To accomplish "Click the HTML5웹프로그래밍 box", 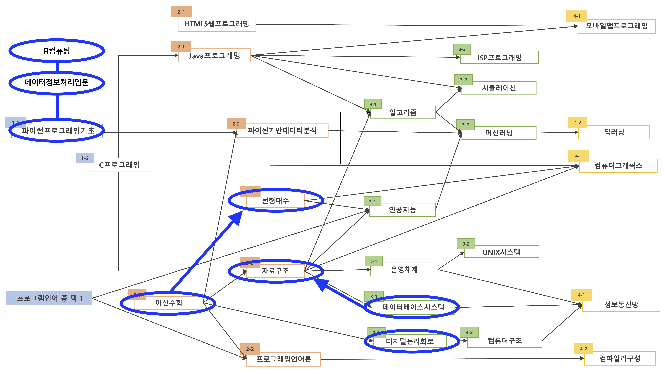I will pyautogui.click(x=217, y=24).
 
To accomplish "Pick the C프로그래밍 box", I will pyautogui.click(x=119, y=165).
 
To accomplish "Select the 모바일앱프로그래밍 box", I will pyautogui.click(x=616, y=26).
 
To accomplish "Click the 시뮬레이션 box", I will pyautogui.click(x=499, y=88).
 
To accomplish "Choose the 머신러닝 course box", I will pyautogui.click(x=499, y=133).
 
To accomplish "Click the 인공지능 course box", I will pyautogui.click(x=402, y=210).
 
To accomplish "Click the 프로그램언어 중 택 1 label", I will pyautogui.click(x=49, y=298).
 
